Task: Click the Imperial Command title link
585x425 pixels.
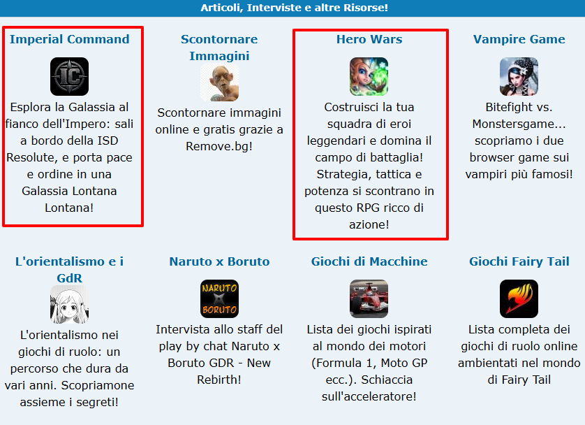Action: tap(69, 39)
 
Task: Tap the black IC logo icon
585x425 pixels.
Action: tap(69, 77)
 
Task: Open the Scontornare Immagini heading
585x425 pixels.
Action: tap(219, 48)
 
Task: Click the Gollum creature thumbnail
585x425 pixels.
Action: tap(219, 82)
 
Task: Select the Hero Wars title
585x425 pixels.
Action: tap(369, 39)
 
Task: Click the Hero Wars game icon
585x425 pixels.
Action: tap(369, 77)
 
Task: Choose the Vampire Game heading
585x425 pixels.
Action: tap(519, 39)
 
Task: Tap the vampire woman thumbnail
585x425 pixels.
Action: tap(519, 77)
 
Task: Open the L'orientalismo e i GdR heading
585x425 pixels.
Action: tap(69, 270)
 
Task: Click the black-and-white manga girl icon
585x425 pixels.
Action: tap(69, 304)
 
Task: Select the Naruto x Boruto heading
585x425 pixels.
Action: tap(219, 261)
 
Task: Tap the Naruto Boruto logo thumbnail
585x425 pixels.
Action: tap(219, 298)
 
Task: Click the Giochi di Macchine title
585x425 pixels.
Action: tap(369, 261)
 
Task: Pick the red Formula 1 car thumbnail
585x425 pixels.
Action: tap(369, 298)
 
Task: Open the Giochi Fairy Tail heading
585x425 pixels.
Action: tap(519, 261)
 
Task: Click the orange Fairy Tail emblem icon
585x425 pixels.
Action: tap(519, 298)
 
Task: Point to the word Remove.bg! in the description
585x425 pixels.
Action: tap(219, 146)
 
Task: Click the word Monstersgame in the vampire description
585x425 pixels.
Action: tap(513, 124)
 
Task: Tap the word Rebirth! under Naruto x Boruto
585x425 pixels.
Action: tap(219, 380)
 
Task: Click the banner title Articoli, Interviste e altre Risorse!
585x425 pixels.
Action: tap(295, 8)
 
